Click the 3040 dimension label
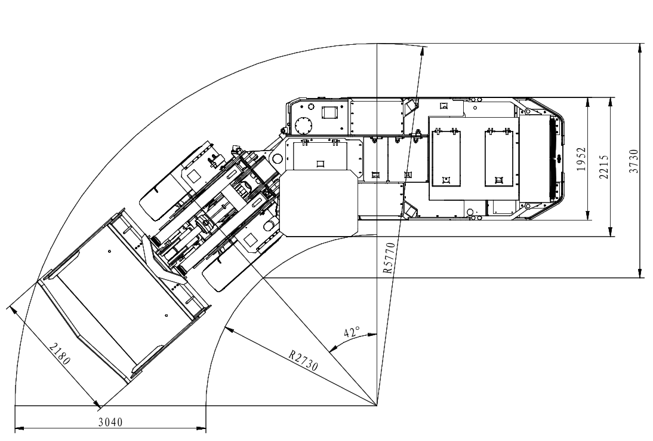(x=110, y=422)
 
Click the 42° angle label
(x=352, y=332)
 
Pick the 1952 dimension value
(x=581, y=159)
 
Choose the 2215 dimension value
(x=604, y=167)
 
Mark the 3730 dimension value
(x=633, y=161)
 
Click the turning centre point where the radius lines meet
(x=377, y=405)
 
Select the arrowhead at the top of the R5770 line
(x=424, y=51)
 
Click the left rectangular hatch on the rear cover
(x=446, y=158)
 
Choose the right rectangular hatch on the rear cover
(x=498, y=158)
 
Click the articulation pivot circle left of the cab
(x=277, y=159)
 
